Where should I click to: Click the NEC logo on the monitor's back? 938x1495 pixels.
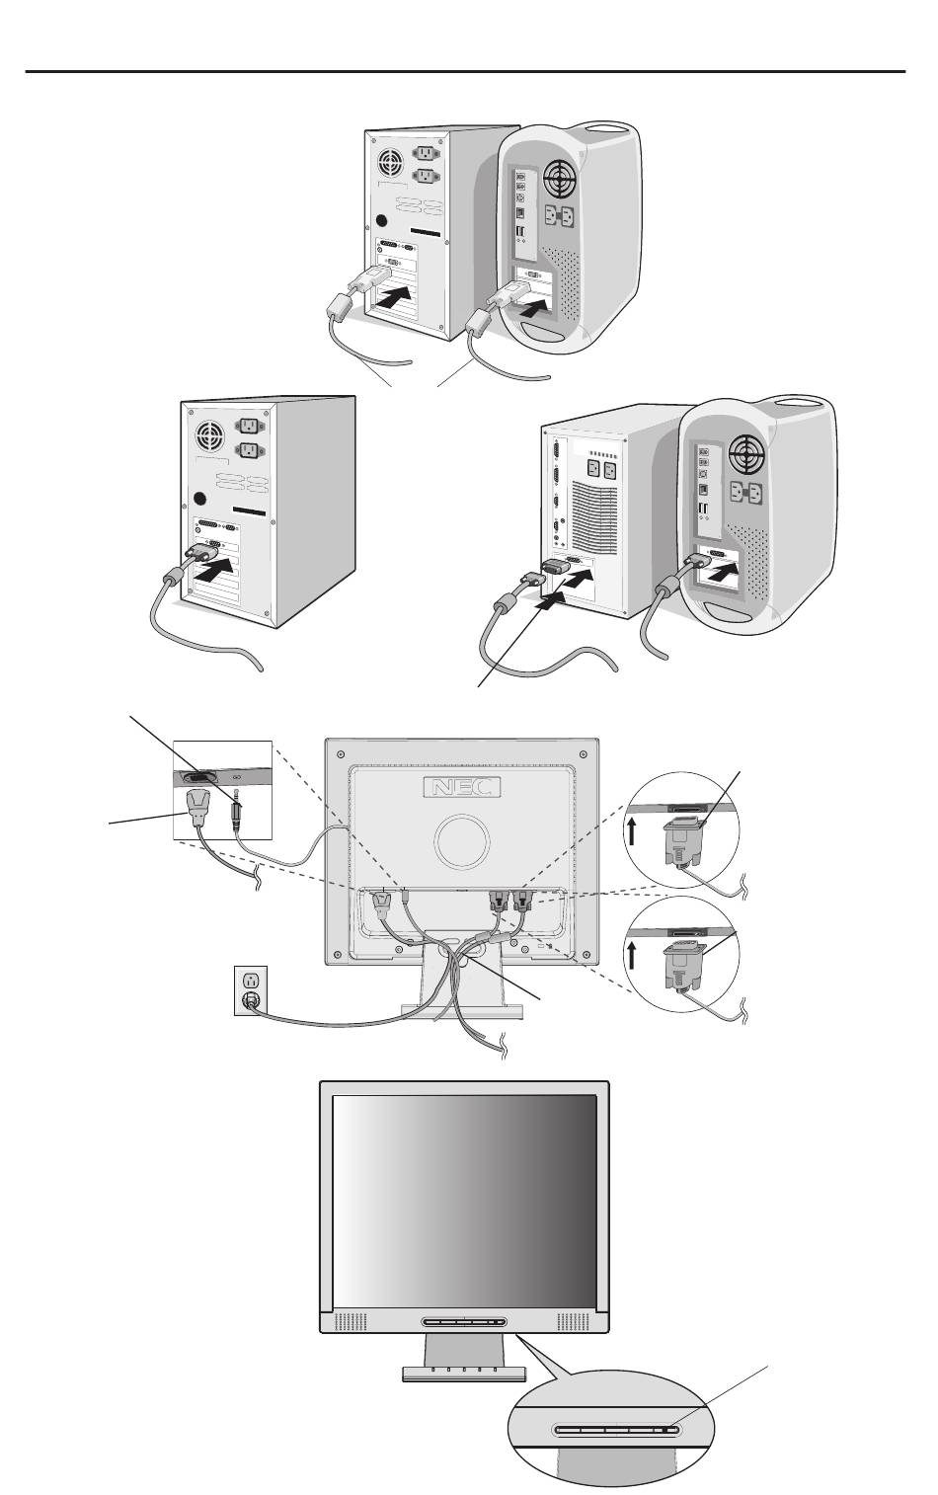click(461, 788)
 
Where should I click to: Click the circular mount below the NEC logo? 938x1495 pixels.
click(461, 839)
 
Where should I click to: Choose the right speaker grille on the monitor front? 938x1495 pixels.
click(574, 1321)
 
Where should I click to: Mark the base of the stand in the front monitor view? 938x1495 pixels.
click(463, 1374)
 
